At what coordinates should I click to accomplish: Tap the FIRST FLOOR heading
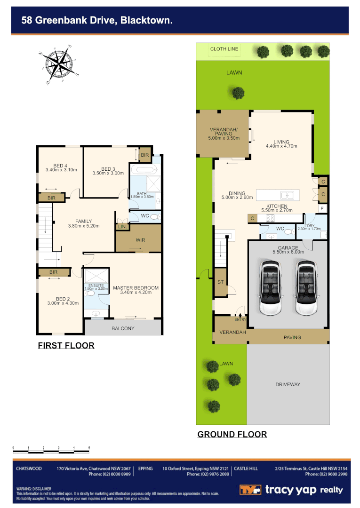click(66, 346)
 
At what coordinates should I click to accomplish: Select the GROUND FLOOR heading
click(232, 434)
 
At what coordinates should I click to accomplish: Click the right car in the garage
click(305, 289)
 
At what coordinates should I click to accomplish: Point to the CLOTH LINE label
click(224, 49)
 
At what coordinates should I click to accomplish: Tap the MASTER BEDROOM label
click(136, 288)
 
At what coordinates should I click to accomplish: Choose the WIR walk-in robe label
click(140, 240)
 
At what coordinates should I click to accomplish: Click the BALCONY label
click(123, 328)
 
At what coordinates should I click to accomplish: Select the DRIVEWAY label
click(288, 384)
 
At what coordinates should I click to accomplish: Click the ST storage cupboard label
click(220, 282)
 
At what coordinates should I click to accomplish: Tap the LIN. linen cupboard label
click(122, 227)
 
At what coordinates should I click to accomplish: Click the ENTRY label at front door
click(240, 320)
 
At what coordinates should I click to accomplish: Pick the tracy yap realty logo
click(291, 490)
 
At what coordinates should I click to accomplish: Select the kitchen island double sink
click(287, 195)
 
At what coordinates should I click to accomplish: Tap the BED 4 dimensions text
click(61, 170)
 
